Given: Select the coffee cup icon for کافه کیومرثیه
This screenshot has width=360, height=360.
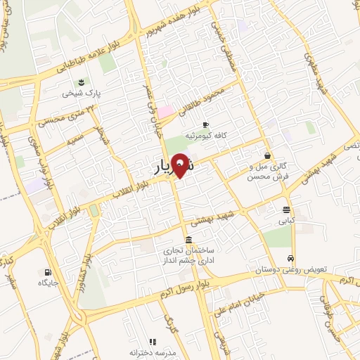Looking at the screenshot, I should pyautogui.click(x=205, y=124).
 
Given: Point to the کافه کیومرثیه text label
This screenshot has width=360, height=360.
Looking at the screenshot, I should pyautogui.click(x=205, y=134).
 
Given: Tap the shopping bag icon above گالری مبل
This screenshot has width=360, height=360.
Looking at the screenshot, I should pyautogui.click(x=267, y=155).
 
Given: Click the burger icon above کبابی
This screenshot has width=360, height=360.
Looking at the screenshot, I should pyautogui.click(x=286, y=210).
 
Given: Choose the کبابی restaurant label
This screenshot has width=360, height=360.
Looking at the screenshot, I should pyautogui.click(x=285, y=220).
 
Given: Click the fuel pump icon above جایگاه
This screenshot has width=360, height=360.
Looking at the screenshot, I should pyautogui.click(x=47, y=272).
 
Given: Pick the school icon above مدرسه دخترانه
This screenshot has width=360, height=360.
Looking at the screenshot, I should pyautogui.click(x=153, y=341).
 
